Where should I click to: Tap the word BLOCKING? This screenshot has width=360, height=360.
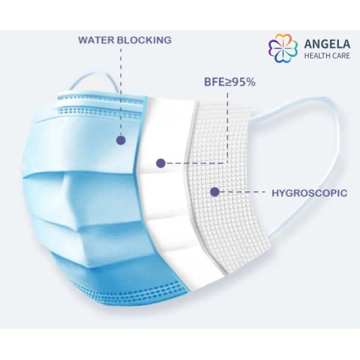(x=144, y=40)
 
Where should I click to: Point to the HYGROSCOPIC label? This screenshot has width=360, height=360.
(x=310, y=193)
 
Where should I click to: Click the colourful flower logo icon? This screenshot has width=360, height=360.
(x=283, y=49)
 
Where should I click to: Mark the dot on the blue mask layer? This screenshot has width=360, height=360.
(x=121, y=140)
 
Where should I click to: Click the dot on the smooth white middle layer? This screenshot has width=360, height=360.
(x=160, y=163)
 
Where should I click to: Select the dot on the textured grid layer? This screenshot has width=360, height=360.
(x=214, y=192)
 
